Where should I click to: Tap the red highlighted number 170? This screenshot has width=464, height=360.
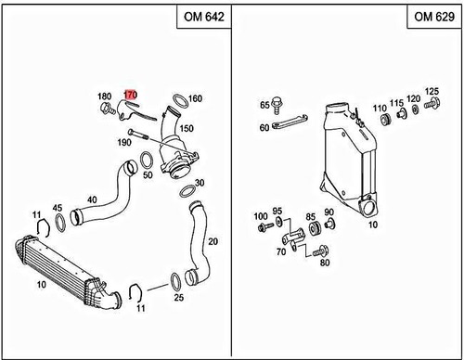[x=131, y=95]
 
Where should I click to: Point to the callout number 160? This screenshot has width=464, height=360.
[x=195, y=98]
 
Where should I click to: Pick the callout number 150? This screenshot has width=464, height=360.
[x=186, y=128]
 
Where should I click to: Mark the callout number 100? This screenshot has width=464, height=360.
[x=260, y=216]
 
